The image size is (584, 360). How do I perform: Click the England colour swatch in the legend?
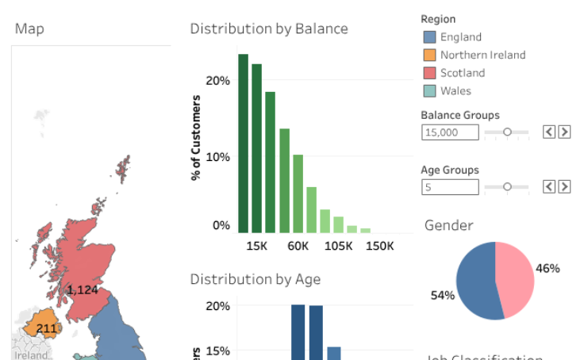click(429, 37)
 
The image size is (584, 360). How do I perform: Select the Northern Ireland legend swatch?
click(429, 56)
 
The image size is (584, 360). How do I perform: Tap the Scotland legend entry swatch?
click(429, 73)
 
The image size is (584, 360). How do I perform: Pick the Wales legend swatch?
click(429, 91)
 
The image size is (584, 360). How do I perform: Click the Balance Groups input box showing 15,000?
click(450, 132)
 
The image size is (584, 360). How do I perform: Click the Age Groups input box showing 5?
click(450, 187)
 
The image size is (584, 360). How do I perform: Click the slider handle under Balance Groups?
click(508, 132)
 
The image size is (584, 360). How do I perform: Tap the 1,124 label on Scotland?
click(83, 290)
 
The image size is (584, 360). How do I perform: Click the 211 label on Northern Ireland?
click(47, 328)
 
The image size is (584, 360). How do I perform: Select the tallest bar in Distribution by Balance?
click(244, 144)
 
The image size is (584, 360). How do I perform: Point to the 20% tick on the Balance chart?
click(217, 81)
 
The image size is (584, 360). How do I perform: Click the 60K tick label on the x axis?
click(298, 246)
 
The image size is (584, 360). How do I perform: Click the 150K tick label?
click(379, 246)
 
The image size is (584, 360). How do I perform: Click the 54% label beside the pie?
click(443, 296)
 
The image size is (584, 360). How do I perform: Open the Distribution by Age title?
click(255, 279)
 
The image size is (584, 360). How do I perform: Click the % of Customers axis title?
click(196, 138)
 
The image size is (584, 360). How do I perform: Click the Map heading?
click(29, 29)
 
